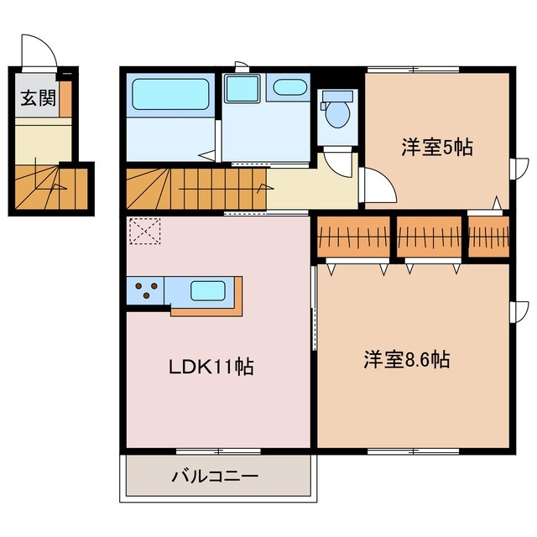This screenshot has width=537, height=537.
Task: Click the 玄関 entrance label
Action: point(38,99)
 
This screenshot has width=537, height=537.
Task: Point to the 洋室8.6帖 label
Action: point(406,361)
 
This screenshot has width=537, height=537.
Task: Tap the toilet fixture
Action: point(339,112)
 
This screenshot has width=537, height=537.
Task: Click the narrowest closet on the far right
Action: point(488,237)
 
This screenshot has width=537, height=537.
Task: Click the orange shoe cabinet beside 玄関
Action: point(65,98)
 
